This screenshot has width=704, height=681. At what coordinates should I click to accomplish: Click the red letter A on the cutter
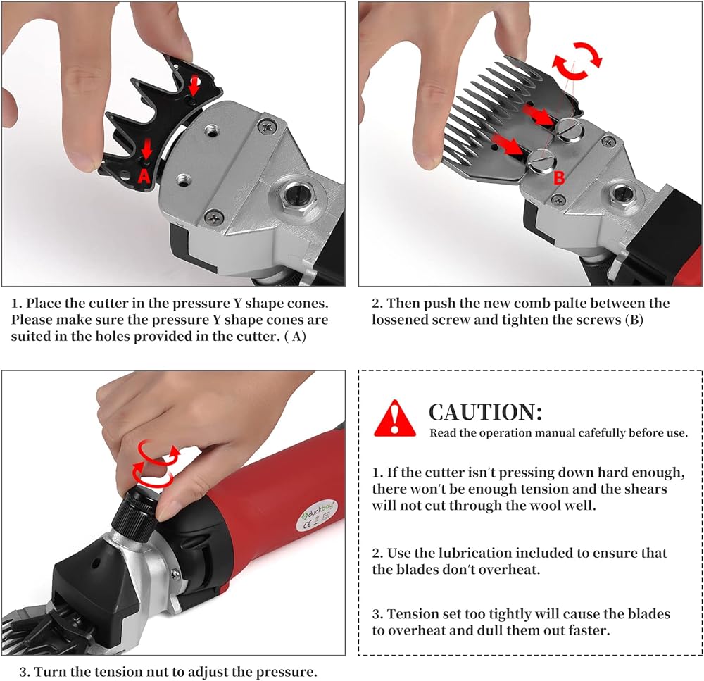tap(144, 175)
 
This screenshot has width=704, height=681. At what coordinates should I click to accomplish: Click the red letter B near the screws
tap(559, 178)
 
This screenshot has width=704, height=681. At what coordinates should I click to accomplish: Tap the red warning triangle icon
tap(395, 418)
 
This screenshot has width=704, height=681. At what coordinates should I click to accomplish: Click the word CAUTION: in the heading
tap(485, 412)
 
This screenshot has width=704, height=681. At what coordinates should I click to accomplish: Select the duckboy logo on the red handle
tap(318, 511)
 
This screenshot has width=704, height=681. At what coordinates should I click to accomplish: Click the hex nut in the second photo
tap(622, 194)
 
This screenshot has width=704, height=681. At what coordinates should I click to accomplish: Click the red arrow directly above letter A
tap(147, 148)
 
